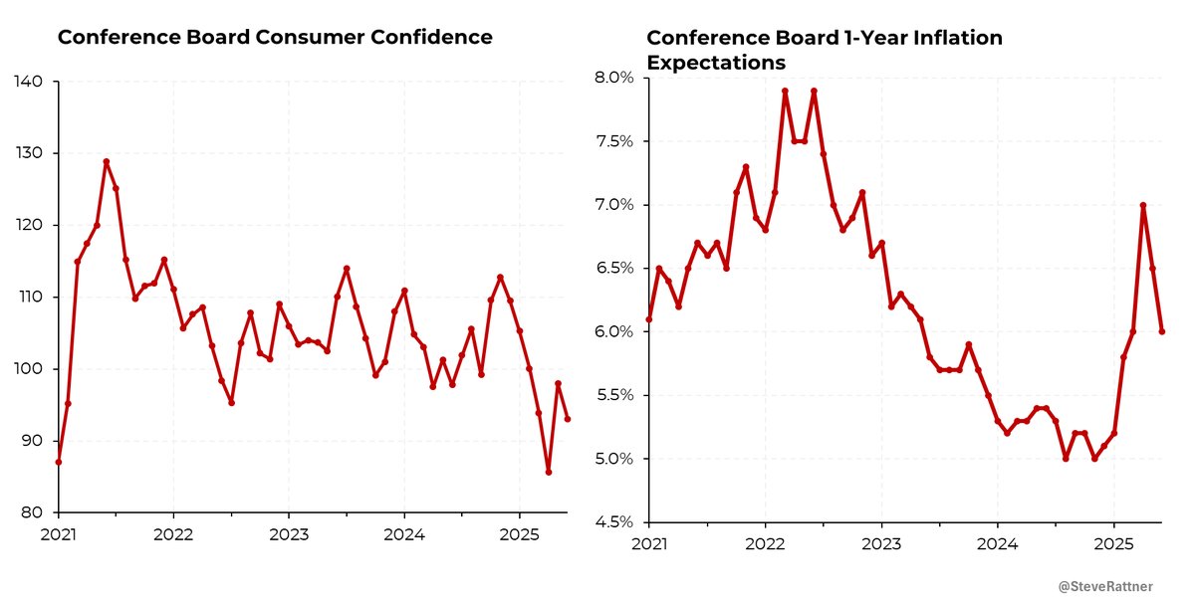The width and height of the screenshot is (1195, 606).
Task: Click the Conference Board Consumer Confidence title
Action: tap(275, 38)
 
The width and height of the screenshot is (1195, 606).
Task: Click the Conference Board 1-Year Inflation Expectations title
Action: tap(825, 50)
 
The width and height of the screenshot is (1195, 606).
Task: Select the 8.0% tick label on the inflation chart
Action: tap(615, 78)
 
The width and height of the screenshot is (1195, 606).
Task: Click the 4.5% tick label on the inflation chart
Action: tap(615, 522)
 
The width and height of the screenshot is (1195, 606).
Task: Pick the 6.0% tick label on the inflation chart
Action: tap(615, 331)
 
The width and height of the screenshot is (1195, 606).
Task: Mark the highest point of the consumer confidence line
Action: tap(106, 161)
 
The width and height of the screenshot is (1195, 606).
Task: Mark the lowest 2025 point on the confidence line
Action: tap(549, 472)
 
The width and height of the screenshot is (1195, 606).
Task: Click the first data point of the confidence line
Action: tap(59, 462)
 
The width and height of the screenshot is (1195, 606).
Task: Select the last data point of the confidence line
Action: tap(568, 419)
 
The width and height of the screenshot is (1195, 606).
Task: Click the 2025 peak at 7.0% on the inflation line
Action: tap(1143, 205)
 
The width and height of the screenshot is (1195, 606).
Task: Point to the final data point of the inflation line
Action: tap(1162, 331)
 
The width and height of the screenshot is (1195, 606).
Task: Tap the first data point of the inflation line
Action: tap(649, 319)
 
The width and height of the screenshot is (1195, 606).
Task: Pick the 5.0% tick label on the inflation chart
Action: tap(615, 459)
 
